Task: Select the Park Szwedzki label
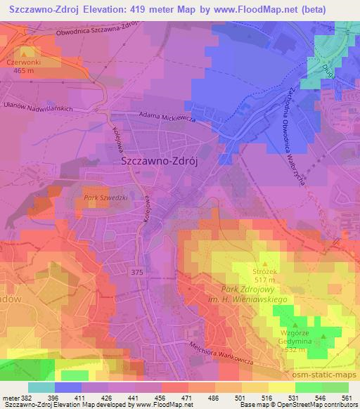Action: click(x=105, y=198)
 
